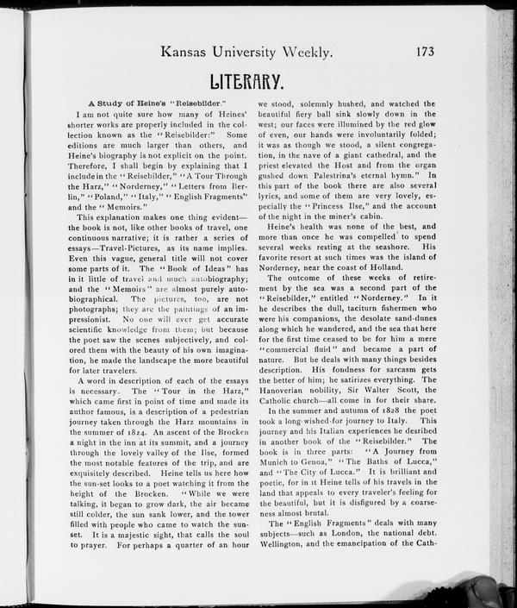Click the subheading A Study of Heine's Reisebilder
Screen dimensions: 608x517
click(x=155, y=103)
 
